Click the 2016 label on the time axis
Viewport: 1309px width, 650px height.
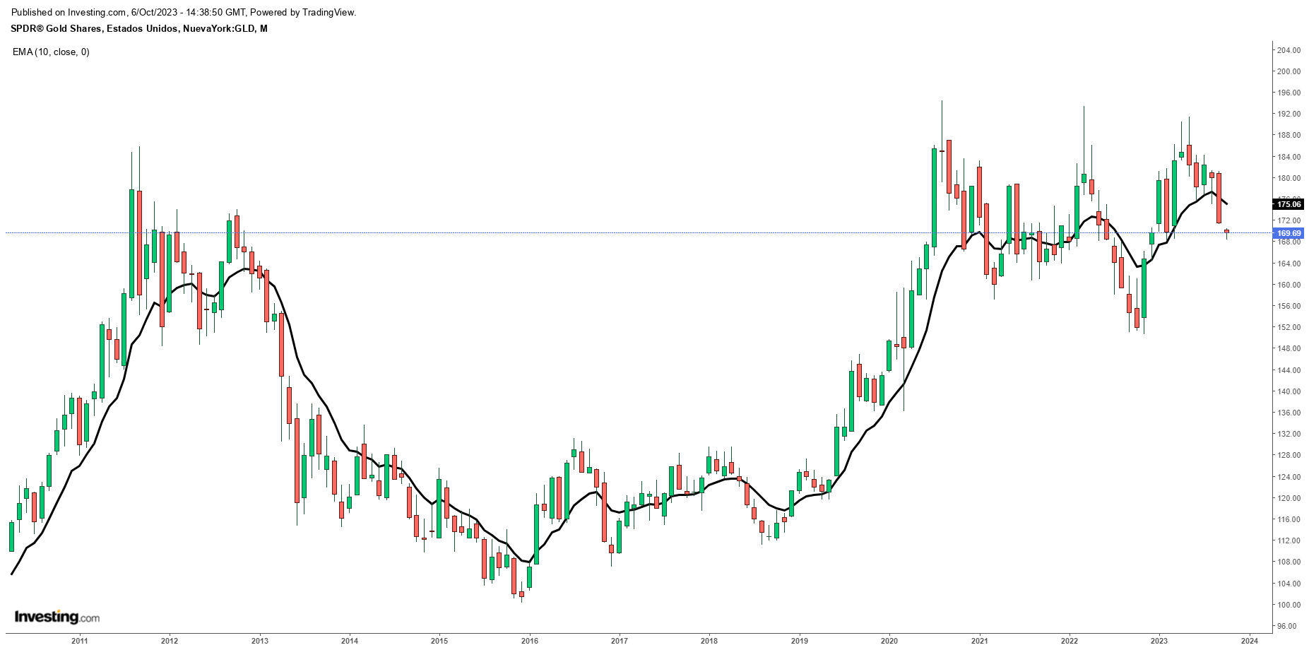[x=529, y=641]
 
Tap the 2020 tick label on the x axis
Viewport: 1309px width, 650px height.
[x=889, y=641]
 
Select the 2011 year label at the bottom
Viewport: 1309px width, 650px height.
[x=79, y=641]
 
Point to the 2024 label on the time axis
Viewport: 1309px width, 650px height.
[x=1249, y=641]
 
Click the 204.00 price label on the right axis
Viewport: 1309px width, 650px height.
[x=1289, y=50]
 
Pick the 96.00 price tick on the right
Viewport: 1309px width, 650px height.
[x=1289, y=626]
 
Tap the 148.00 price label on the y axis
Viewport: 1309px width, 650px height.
[x=1289, y=348]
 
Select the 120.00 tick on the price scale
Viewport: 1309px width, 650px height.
[x=1289, y=498]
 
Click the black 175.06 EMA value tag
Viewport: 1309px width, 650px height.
[x=1289, y=204]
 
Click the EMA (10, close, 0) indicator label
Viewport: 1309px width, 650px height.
[x=51, y=52]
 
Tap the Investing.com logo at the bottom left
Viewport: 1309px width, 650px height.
[x=57, y=617]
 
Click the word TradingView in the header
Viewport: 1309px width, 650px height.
[x=326, y=12]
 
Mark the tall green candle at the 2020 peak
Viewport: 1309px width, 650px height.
[x=934, y=198]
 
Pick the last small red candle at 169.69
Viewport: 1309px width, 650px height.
[x=1227, y=231]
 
